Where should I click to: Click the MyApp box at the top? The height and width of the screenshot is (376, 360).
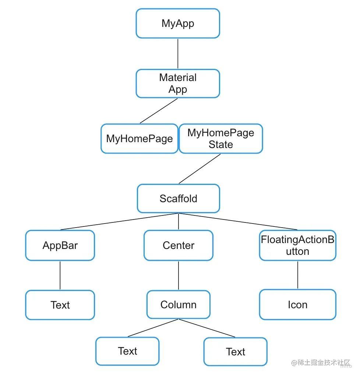coord(178,24)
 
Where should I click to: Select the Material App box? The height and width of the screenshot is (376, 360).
coord(178,84)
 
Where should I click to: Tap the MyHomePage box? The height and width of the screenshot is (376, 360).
coord(139,138)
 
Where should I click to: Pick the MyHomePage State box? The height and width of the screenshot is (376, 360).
coord(220,138)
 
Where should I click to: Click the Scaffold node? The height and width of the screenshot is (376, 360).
coord(178,198)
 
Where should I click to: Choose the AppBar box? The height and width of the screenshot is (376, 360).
coord(60,245)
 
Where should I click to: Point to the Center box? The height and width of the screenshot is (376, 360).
coord(178,245)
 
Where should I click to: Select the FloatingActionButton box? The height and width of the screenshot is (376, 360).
coord(297,245)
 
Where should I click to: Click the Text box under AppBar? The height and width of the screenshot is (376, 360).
coord(60,305)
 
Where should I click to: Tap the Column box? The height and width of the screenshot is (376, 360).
coord(178,305)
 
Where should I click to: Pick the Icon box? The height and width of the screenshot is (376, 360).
coord(297,305)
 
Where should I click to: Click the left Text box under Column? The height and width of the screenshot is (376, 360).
coord(127,351)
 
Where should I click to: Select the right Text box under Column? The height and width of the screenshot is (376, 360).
coord(235,352)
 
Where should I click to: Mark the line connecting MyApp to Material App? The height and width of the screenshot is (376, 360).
coord(178,54)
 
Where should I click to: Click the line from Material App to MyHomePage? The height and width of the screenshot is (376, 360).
coord(159,111)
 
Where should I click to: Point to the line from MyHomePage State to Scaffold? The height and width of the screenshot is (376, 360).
coord(200,168)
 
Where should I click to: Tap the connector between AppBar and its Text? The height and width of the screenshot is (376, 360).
coord(60,275)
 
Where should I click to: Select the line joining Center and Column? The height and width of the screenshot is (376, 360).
coord(179,275)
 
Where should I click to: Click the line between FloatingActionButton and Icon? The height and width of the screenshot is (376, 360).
coord(297,275)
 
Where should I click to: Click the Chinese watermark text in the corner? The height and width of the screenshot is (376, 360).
coord(320,363)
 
